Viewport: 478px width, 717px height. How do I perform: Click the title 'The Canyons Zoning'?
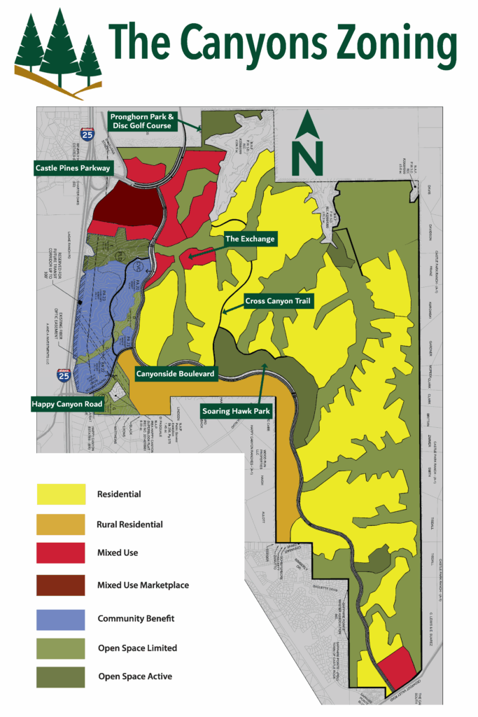(x=283, y=43)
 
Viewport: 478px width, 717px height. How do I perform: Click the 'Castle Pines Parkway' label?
(x=73, y=168)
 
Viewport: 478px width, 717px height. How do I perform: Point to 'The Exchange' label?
(x=250, y=239)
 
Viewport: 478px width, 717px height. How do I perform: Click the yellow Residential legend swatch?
(x=61, y=494)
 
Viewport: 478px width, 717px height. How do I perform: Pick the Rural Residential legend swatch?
(x=61, y=524)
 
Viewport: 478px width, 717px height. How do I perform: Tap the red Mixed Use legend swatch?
(x=61, y=553)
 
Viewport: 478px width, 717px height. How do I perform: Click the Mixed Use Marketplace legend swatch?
(x=61, y=585)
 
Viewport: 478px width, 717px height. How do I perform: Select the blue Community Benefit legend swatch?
(x=61, y=618)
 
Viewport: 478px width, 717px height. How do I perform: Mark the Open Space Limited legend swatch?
(x=61, y=648)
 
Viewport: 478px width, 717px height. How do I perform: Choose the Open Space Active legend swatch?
(x=61, y=677)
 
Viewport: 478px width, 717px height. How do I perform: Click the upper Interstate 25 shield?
(x=87, y=134)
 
